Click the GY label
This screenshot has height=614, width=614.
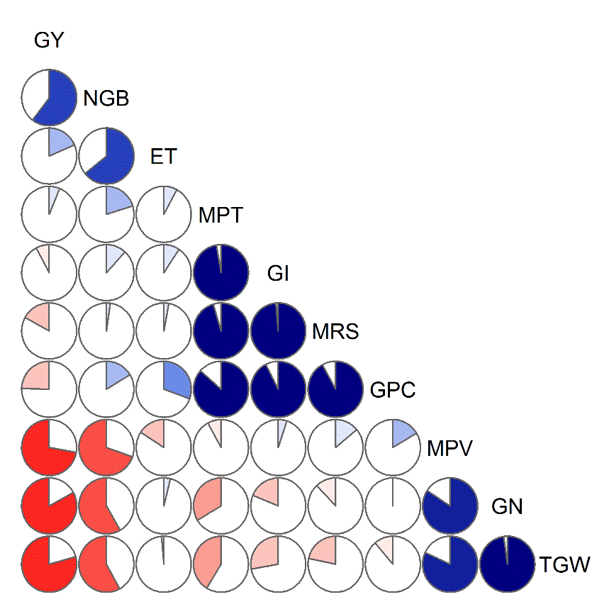(49, 41)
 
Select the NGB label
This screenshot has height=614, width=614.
(106, 99)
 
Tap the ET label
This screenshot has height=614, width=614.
(163, 156)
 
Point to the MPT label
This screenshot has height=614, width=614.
(221, 214)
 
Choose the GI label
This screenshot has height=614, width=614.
(278, 272)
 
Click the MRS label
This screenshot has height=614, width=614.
(335, 330)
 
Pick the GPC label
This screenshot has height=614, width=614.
(392, 389)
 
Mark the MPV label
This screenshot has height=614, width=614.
(450, 447)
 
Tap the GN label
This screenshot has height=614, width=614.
(507, 506)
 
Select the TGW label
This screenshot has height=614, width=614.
(564, 565)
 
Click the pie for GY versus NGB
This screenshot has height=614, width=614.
(49, 97)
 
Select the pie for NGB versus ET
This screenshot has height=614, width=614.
(106, 155)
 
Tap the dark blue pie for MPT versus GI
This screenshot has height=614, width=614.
(221, 272)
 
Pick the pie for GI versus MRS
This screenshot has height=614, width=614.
(278, 330)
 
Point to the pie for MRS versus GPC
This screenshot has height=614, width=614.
(335, 388)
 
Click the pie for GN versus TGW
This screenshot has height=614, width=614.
(507, 564)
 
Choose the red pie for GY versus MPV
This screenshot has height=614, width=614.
(49, 447)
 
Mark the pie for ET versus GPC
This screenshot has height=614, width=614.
(164, 388)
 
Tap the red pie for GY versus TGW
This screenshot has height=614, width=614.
(49, 564)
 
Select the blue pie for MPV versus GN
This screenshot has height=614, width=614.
(450, 505)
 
